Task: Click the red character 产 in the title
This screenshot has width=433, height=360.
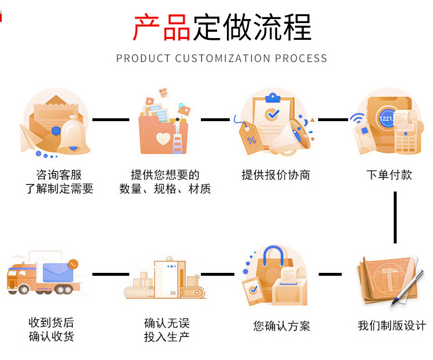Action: tap(147, 28)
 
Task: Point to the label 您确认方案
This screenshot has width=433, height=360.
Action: tap(281, 326)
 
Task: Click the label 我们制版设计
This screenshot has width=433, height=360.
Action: tap(391, 326)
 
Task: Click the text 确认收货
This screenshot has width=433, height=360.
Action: tap(51, 337)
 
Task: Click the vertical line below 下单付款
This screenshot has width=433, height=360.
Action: tap(395, 217)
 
